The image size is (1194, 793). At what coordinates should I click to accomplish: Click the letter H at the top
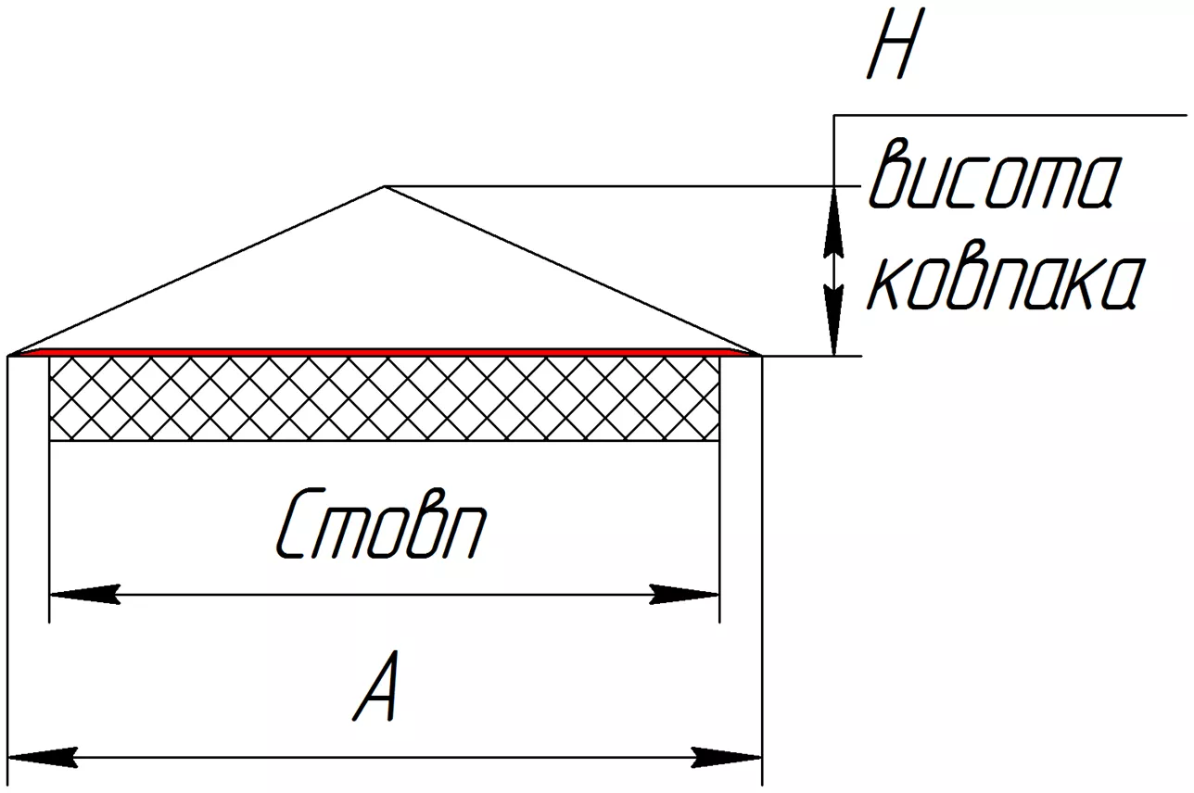pyautogui.click(x=892, y=52)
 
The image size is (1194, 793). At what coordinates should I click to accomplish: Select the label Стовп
pyautogui.click(x=381, y=525)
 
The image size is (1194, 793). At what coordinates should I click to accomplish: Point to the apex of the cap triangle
pyautogui.click(x=385, y=187)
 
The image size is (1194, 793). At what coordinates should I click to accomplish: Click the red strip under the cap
pyautogui.click(x=385, y=352)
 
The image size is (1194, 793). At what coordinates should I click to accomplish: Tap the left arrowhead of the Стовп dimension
pyautogui.click(x=83, y=594)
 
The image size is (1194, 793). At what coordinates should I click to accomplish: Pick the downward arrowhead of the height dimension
pyautogui.click(x=835, y=320)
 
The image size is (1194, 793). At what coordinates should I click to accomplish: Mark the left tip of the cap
pyautogui.click(x=11, y=354)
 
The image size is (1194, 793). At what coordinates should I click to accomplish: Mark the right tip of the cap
pyautogui.click(x=759, y=354)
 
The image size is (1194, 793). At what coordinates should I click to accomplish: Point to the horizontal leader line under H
pyautogui.click(x=1010, y=115)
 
